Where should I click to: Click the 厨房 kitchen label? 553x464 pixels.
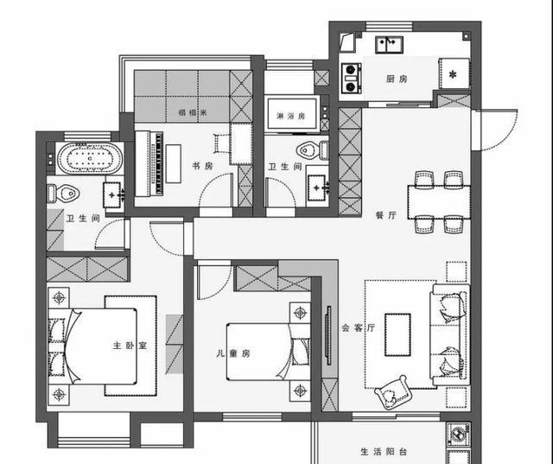397,79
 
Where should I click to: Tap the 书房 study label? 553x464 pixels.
203,167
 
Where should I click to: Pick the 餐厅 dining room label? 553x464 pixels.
385,216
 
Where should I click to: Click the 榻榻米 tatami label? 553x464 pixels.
190,112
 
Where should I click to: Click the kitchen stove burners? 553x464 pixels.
352,75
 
